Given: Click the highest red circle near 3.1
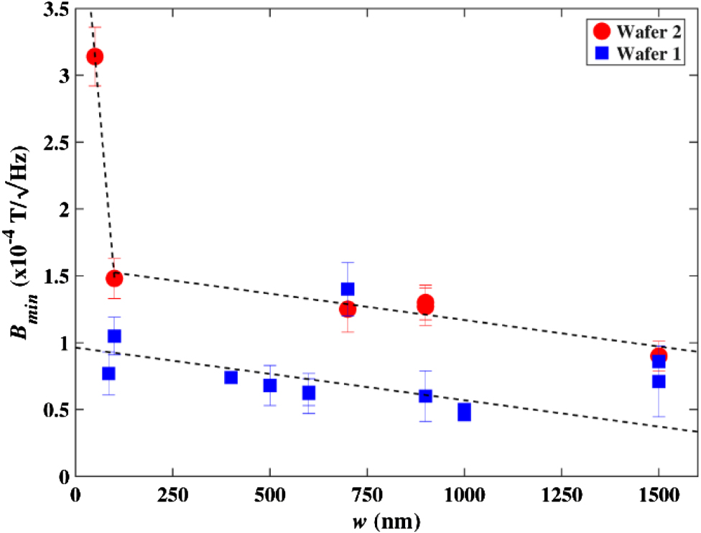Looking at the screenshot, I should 94,57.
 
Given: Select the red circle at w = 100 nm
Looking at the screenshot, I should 114,278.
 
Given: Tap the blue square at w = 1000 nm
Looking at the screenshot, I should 464,412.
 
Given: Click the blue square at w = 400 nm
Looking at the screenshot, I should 231,377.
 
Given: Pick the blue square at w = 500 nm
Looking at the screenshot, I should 270,385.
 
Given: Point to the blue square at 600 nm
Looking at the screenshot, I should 309,393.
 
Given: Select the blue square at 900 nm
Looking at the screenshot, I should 425,396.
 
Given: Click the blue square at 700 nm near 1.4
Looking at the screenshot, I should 348,289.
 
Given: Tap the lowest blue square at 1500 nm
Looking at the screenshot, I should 659,381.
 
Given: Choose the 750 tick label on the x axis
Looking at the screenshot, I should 367,495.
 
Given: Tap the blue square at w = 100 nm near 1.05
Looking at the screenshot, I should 114,336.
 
